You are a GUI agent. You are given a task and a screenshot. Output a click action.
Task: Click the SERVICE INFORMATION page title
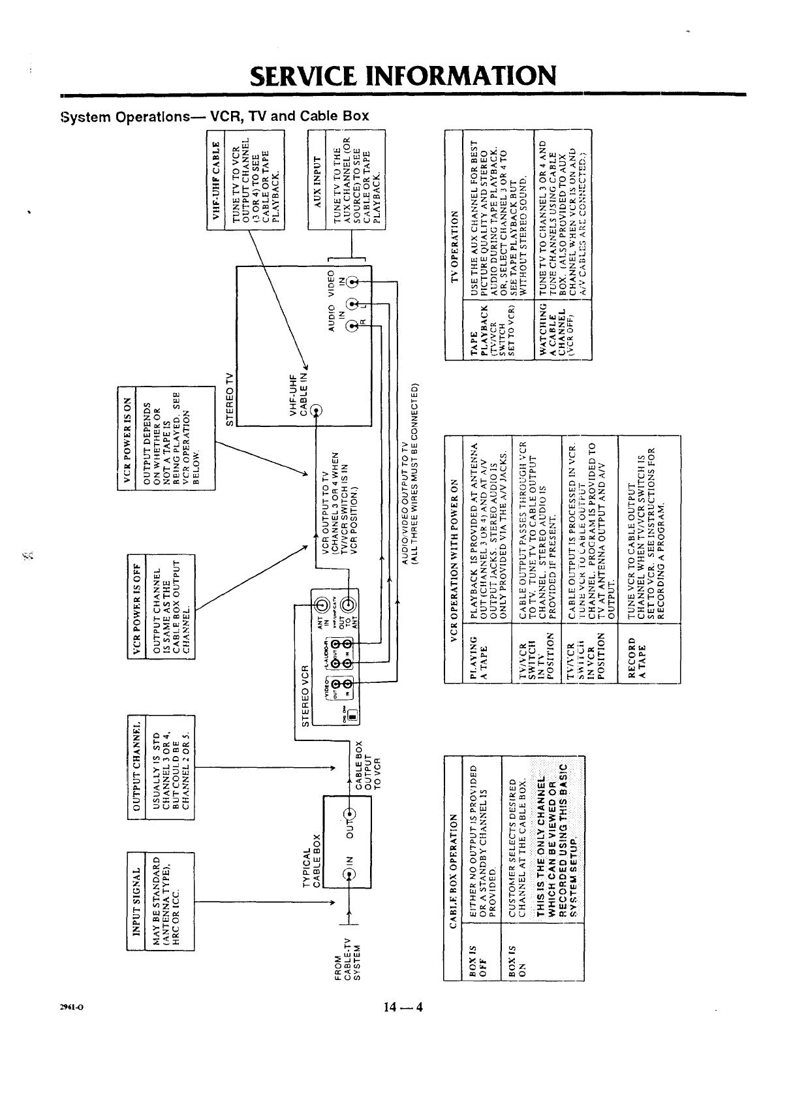tap(403, 75)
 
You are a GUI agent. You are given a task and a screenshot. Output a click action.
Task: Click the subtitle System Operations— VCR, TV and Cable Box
tap(214, 116)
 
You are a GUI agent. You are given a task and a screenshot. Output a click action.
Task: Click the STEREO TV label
tap(229, 398)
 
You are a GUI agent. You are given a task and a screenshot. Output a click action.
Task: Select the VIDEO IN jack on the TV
tap(353, 283)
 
